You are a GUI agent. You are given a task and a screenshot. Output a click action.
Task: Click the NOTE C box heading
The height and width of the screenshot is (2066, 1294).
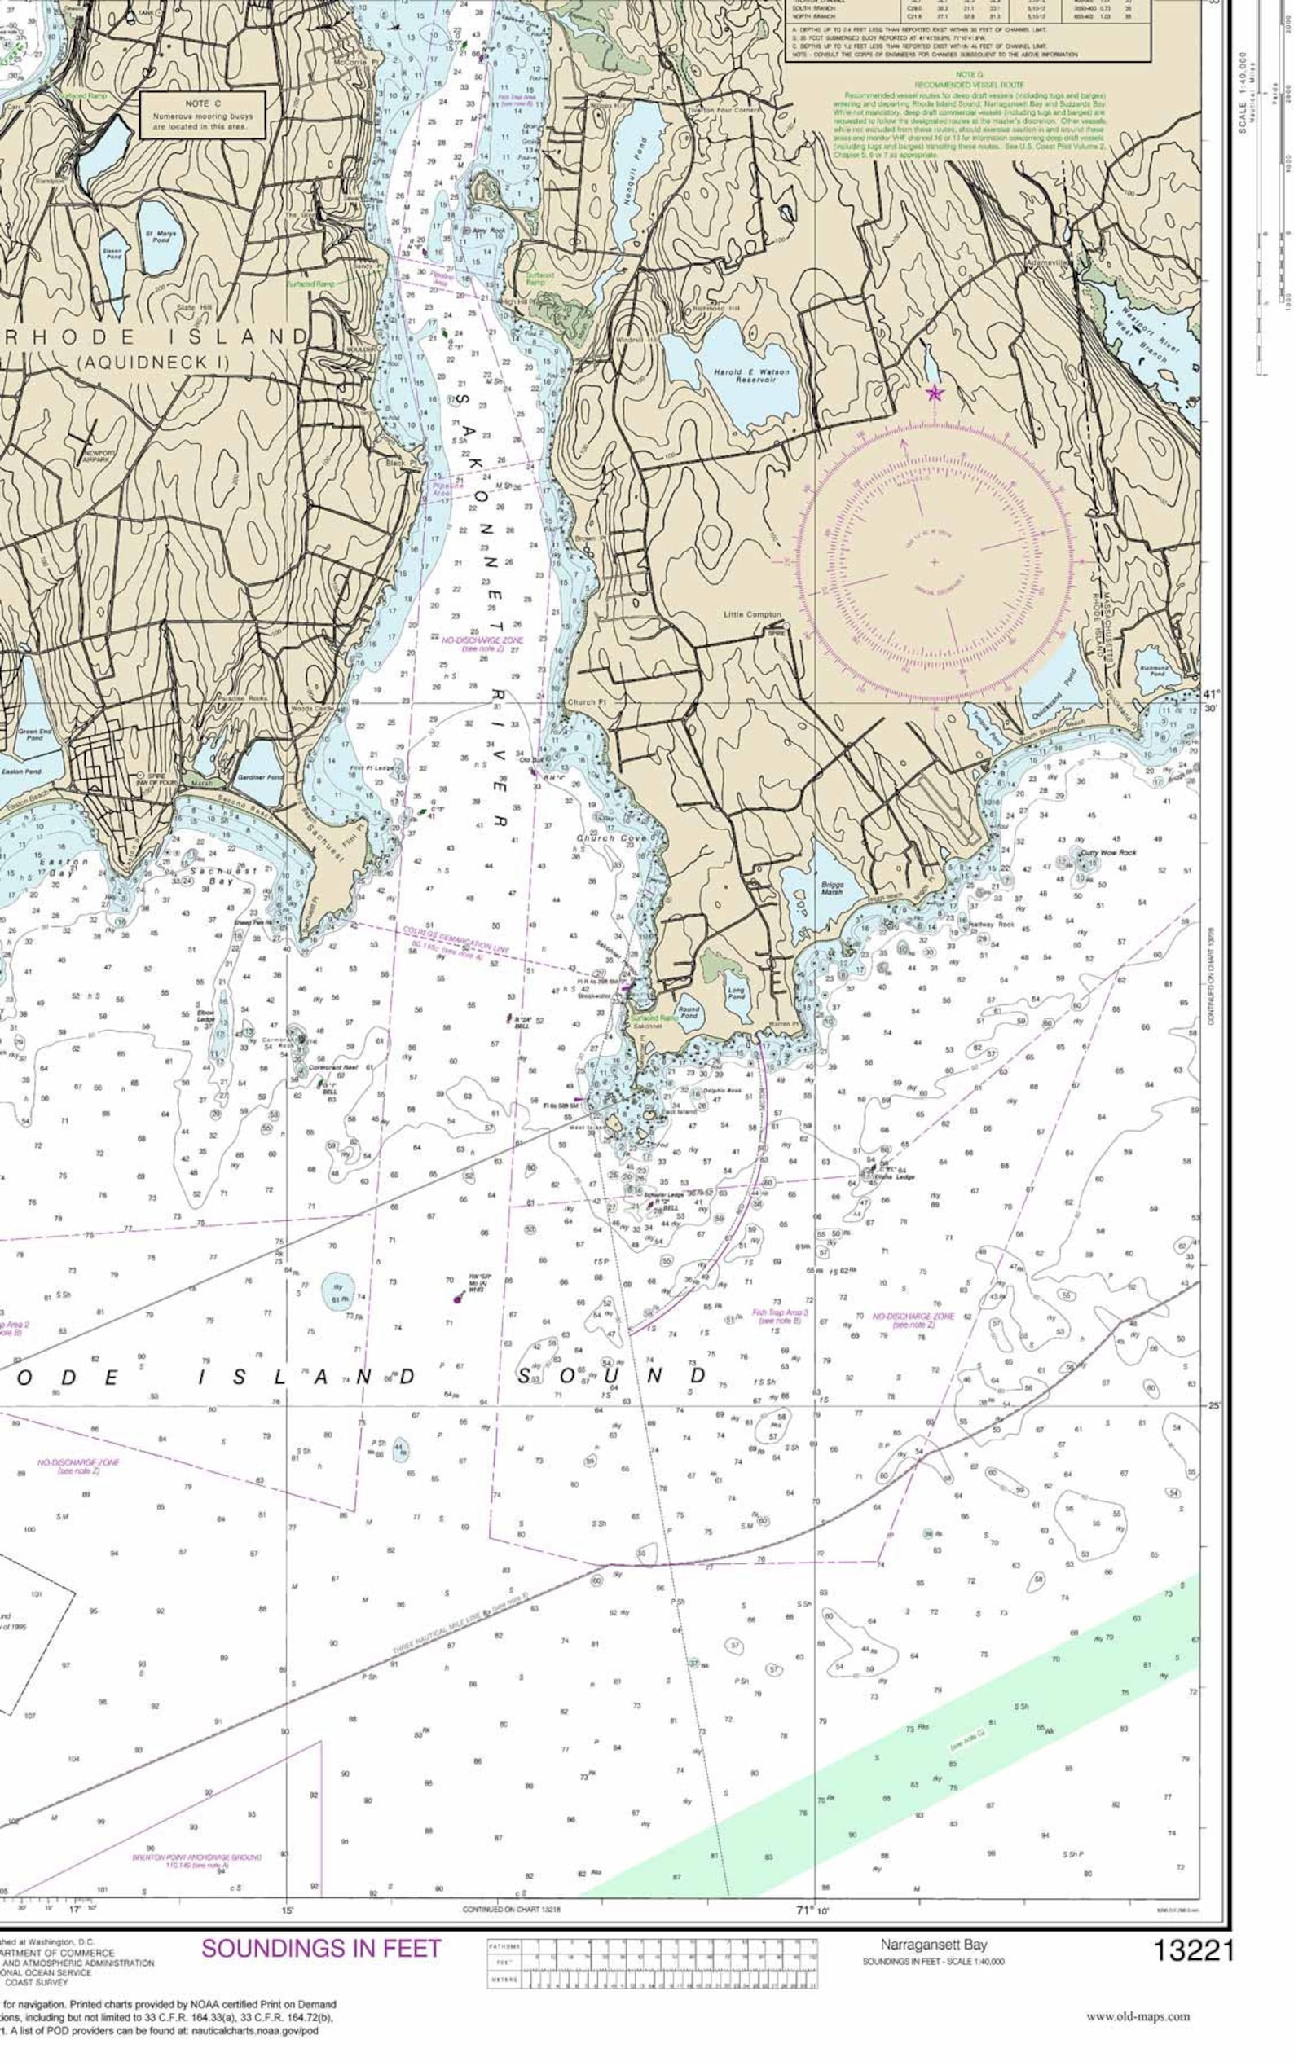click(203, 103)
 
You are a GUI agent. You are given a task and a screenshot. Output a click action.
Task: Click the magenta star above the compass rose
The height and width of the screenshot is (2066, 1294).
click(935, 393)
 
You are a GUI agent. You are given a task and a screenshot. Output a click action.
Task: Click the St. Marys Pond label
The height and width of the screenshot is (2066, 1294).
click(160, 236)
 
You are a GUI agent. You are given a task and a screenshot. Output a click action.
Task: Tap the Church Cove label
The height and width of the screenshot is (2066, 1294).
click(611, 838)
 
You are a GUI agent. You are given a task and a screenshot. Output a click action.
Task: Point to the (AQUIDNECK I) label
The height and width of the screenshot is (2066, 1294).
click(155, 362)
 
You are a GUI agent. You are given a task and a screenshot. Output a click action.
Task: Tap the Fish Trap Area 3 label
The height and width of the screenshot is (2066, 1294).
click(780, 1315)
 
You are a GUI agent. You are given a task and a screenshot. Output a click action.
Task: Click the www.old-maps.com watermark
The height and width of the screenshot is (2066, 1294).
click(1138, 2016)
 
